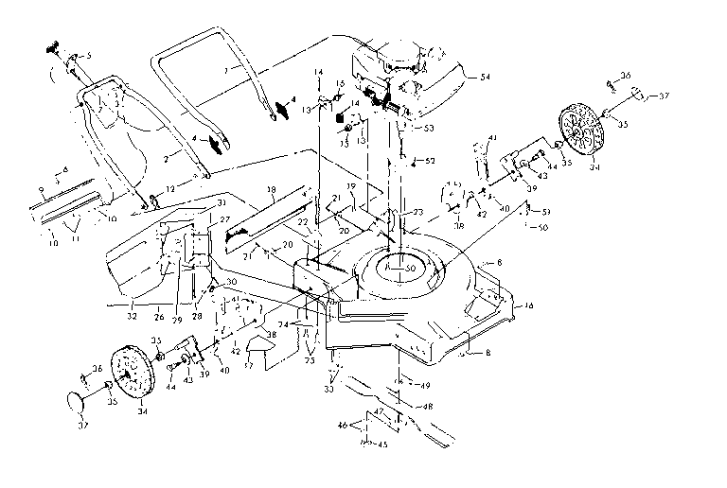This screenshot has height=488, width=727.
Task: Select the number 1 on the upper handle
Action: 224,72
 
